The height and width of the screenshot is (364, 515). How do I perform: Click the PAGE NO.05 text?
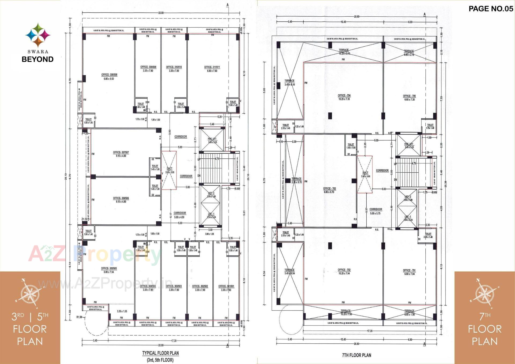pos(491,9)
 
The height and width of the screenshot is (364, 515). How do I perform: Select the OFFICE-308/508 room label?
pos(109,77)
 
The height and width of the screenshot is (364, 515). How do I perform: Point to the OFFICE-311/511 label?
pos(212,69)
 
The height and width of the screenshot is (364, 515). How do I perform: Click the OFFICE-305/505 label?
pos(109,270)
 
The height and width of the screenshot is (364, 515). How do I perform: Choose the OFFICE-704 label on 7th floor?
pos(344,97)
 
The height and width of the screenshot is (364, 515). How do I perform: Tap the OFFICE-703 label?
pos(329,190)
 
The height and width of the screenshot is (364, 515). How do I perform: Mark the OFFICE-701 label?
pos(409,272)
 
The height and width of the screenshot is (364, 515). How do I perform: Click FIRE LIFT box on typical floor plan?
pos(212,140)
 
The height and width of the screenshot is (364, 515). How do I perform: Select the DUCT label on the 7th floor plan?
pos(365,174)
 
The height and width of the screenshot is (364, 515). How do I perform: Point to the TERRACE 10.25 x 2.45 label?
pos(344,52)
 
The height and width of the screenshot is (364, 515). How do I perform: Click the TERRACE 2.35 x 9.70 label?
pos(296,180)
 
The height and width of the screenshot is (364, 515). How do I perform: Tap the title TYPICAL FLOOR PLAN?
pos(160,353)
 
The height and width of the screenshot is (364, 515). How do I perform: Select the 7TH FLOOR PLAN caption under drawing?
pos(356,355)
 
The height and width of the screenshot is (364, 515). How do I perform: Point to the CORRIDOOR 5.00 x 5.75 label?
pos(376,211)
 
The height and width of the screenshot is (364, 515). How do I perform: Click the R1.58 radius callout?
pos(79,317)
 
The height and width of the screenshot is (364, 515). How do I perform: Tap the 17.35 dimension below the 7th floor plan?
pos(370,331)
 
